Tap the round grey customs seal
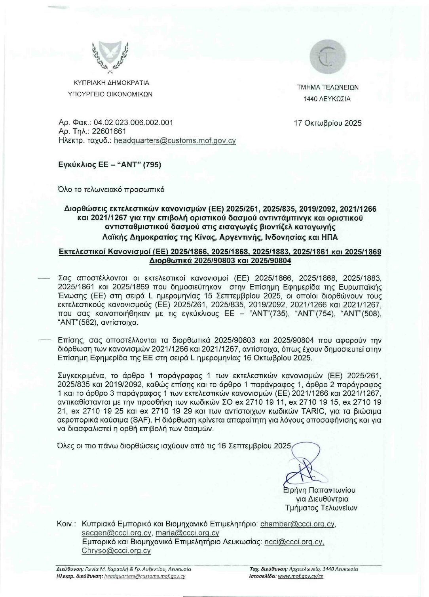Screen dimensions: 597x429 (x=327, y=58)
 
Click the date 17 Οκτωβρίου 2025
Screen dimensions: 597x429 (x=328, y=123)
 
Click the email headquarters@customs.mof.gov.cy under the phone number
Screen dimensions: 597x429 (x=175, y=140)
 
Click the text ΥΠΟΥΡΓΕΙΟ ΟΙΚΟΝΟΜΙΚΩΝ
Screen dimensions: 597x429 (x=110, y=94)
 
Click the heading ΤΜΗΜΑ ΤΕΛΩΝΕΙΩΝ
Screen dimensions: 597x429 (x=328, y=87)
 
